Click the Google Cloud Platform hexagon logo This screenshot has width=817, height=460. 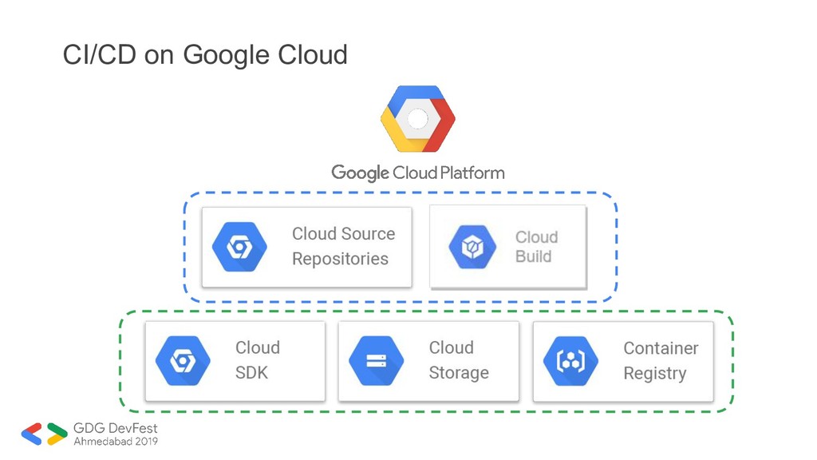click(x=417, y=119)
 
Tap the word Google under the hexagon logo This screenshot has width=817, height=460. click(x=360, y=172)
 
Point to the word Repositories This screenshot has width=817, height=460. click(x=340, y=259)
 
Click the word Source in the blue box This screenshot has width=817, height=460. click(x=368, y=234)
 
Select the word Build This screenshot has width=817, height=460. click(x=534, y=256)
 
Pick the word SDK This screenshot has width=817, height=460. click(x=251, y=373)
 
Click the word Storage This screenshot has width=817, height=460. click(x=459, y=373)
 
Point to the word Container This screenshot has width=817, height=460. click(x=661, y=348)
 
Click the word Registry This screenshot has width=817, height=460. click(x=654, y=373)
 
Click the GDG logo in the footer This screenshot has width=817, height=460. click(x=45, y=434)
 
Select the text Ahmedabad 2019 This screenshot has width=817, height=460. click(x=116, y=441)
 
